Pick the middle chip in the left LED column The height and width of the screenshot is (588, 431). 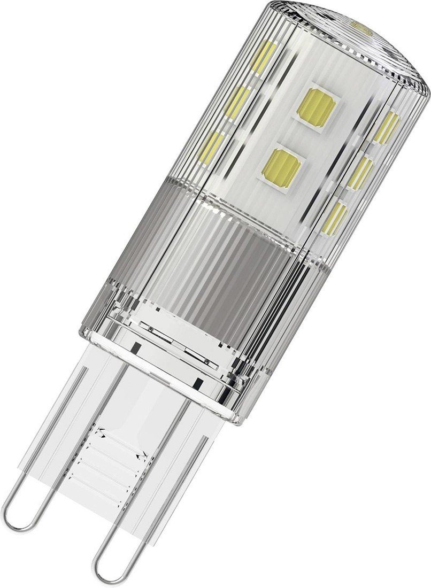coord(237,102)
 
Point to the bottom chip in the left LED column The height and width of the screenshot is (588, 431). coord(211,147)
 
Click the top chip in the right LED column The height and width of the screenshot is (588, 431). coord(386,127)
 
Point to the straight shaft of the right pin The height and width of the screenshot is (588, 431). coord(160,470)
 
